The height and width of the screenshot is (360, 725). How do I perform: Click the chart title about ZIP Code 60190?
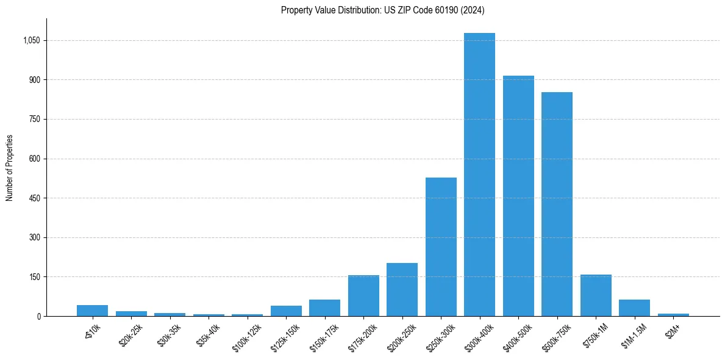[x=382, y=10]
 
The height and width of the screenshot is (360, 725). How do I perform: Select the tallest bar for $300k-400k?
[x=479, y=175]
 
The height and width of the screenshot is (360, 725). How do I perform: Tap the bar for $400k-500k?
[x=518, y=196]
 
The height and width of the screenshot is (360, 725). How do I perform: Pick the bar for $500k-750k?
[x=557, y=204]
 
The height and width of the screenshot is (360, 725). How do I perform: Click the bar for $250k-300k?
[x=441, y=247]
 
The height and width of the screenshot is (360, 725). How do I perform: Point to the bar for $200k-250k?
[x=402, y=289]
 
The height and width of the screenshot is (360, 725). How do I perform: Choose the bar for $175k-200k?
[x=363, y=295]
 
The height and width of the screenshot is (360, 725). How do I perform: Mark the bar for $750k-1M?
[x=596, y=295]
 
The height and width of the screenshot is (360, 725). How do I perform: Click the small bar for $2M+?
[x=673, y=314]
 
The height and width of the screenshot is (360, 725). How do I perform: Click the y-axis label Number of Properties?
[x=10, y=168]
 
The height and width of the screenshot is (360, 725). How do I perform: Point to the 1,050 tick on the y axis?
[x=31, y=40]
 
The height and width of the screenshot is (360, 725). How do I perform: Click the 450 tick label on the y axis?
[x=35, y=198]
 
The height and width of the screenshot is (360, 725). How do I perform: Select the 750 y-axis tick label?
[x=35, y=119]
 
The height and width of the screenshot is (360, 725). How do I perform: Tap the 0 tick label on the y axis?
[x=38, y=316]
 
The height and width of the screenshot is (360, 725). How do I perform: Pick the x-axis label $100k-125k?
[x=246, y=337]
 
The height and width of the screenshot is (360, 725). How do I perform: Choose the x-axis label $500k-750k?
[x=556, y=337]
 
